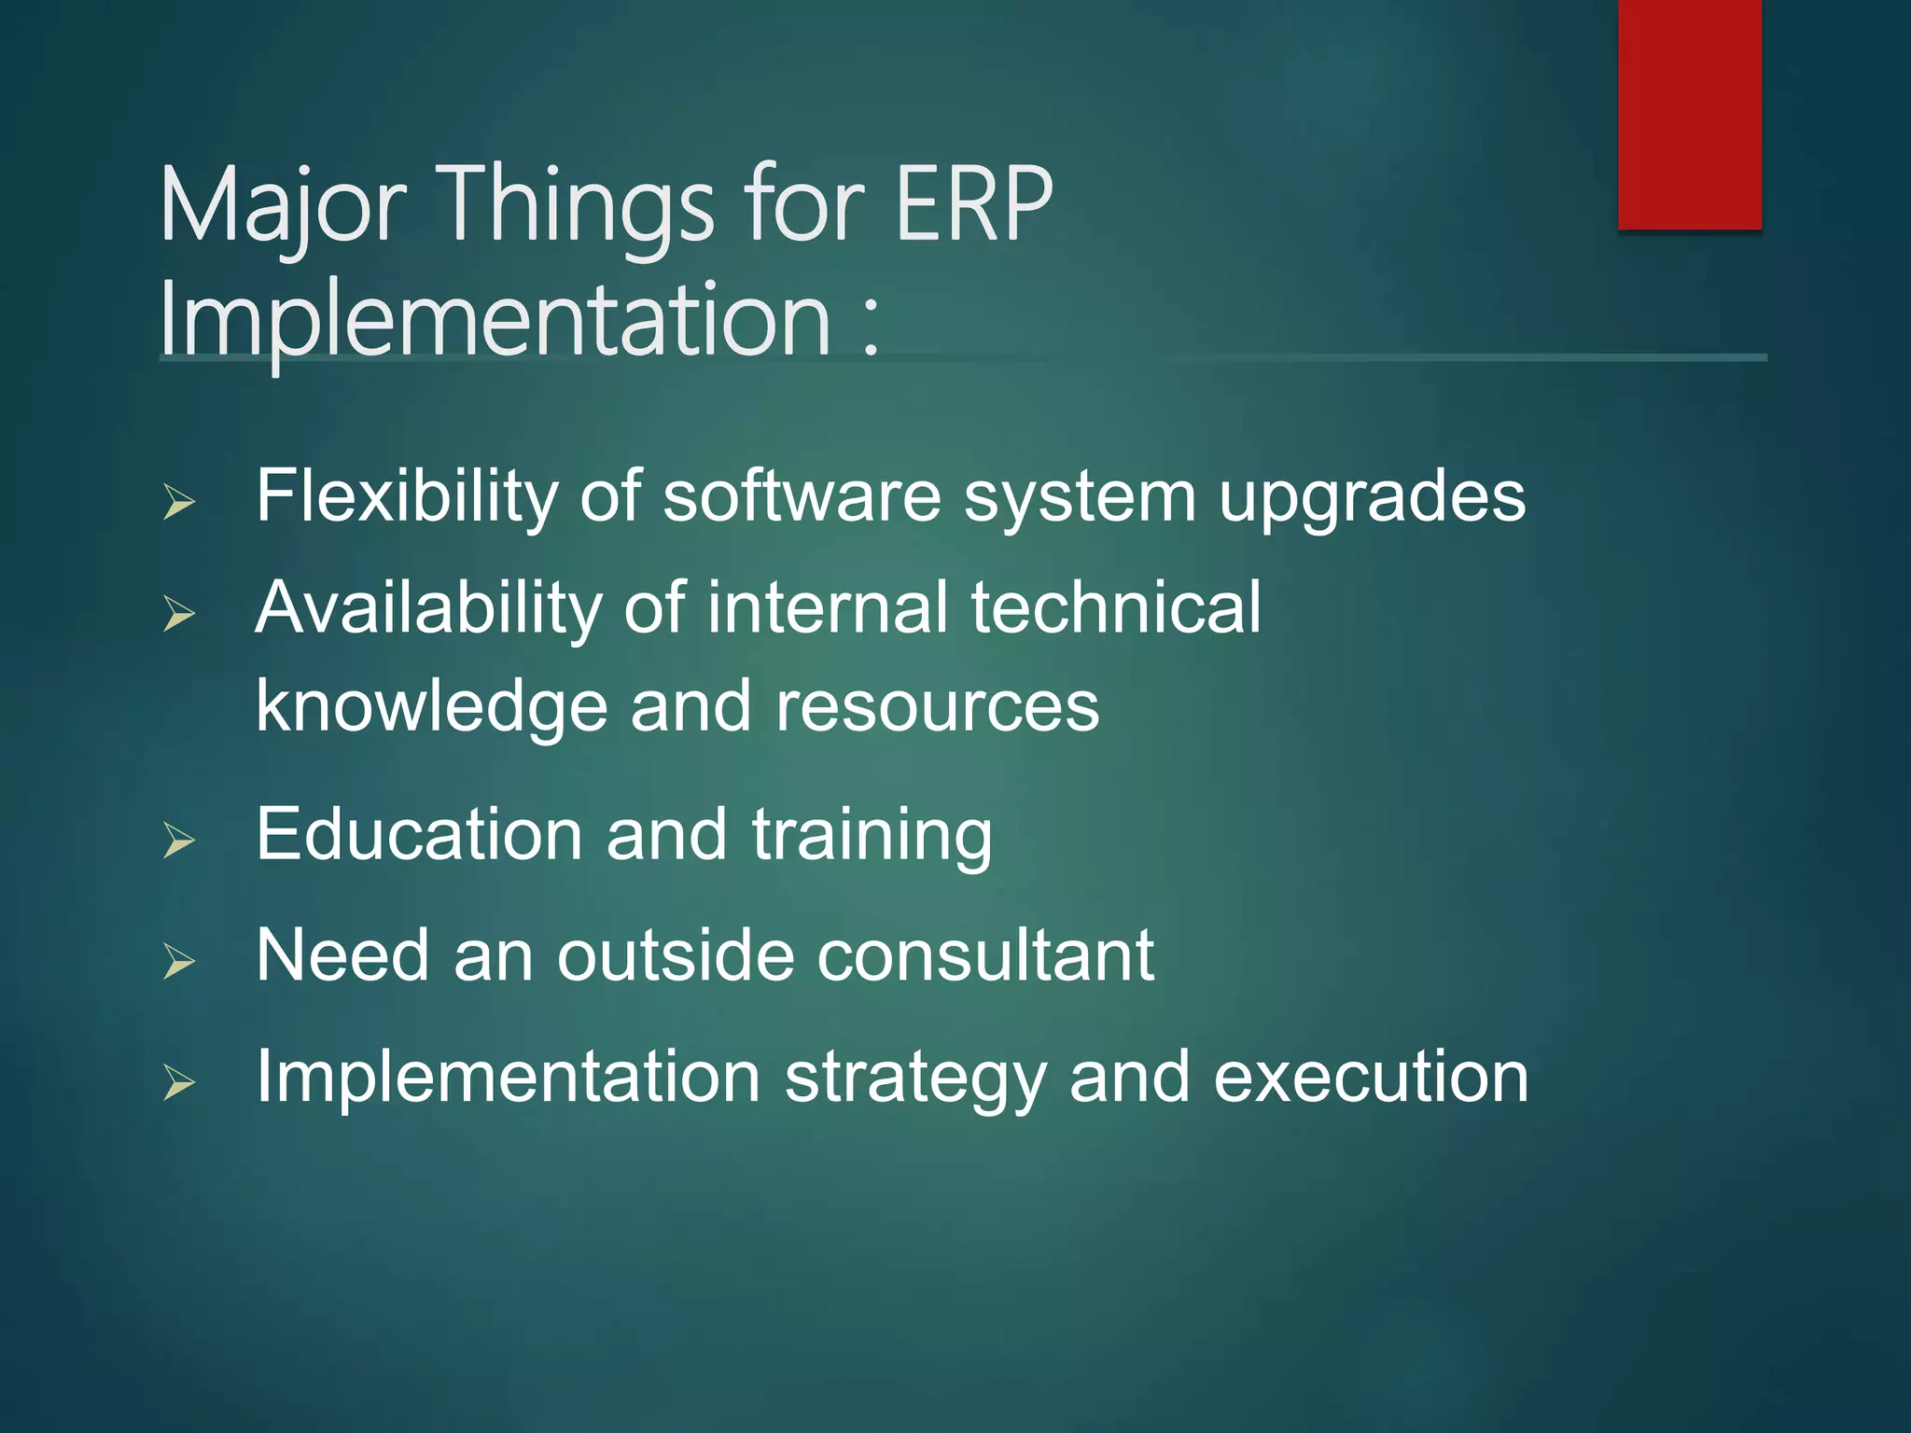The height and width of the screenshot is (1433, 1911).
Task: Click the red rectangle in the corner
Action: point(1689,114)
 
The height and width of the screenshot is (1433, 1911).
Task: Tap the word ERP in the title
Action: point(973,203)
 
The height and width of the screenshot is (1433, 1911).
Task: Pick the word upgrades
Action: point(1372,498)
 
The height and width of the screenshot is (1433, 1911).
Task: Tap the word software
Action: point(802,496)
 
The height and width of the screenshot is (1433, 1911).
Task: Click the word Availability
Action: point(429,608)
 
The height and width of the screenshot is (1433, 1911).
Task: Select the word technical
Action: point(1116,608)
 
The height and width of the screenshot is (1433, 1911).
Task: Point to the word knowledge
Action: point(431,707)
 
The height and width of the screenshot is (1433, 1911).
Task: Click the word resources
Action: point(937,707)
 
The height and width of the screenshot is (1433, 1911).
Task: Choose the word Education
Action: point(420,834)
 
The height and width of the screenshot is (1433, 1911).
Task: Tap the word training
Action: point(872,836)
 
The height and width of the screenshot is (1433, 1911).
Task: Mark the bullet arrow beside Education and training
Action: point(178,841)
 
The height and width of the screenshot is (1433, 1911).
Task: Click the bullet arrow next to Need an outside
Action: point(178,961)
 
